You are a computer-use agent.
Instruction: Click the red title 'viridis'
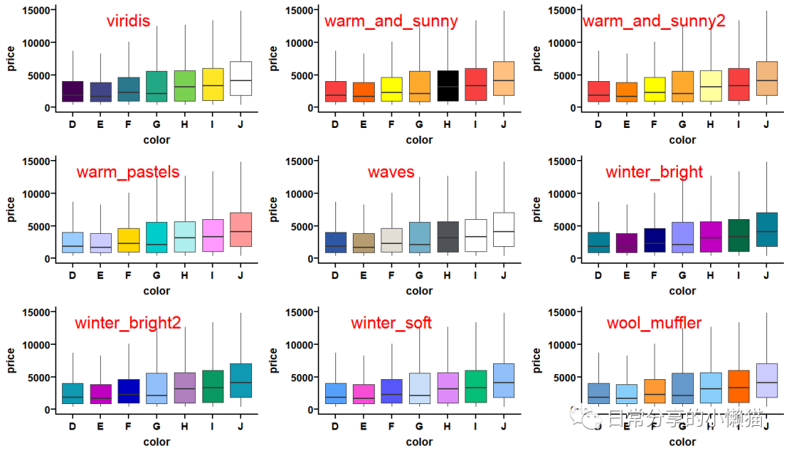[128, 20]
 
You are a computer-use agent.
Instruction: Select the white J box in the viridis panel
[241, 78]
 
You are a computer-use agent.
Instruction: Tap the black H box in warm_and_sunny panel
[447, 85]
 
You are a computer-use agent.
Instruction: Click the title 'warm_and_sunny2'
[653, 20]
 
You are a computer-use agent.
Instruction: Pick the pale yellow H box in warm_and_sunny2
[710, 85]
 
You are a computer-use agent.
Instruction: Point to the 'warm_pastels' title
[128, 172]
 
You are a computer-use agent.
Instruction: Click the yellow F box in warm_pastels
[129, 240]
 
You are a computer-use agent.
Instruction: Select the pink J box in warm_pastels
[241, 229]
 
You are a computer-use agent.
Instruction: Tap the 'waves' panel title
[391, 172]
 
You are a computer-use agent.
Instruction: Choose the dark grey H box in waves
[447, 237]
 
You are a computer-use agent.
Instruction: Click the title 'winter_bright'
[654, 172]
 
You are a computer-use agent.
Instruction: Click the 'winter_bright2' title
[128, 323]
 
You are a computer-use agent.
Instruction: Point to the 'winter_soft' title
[391, 323]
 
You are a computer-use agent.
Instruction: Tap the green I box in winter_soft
[476, 387]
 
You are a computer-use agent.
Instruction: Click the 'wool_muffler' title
[654, 323]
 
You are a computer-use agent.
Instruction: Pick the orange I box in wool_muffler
[739, 387]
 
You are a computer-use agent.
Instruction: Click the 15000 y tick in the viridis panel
[37, 10]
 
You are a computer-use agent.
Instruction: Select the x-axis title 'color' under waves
[419, 291]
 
